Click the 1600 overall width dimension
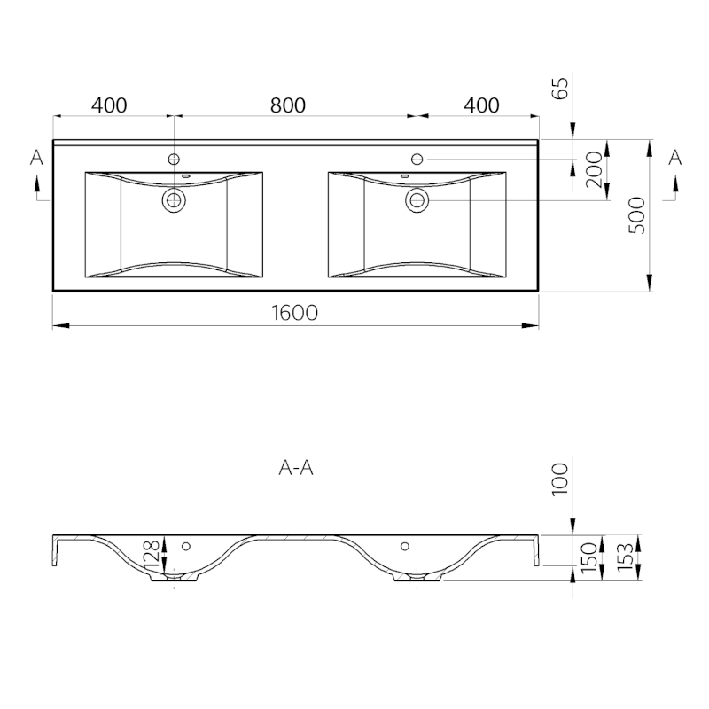[295, 313]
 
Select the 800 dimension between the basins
[288, 105]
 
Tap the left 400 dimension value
[109, 105]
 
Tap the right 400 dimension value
[481, 105]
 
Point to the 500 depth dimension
[637, 215]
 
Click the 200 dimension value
[594, 169]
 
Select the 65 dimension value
[560, 88]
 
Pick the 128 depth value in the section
[152, 555]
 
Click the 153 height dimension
[626, 557]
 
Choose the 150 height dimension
[589, 557]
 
